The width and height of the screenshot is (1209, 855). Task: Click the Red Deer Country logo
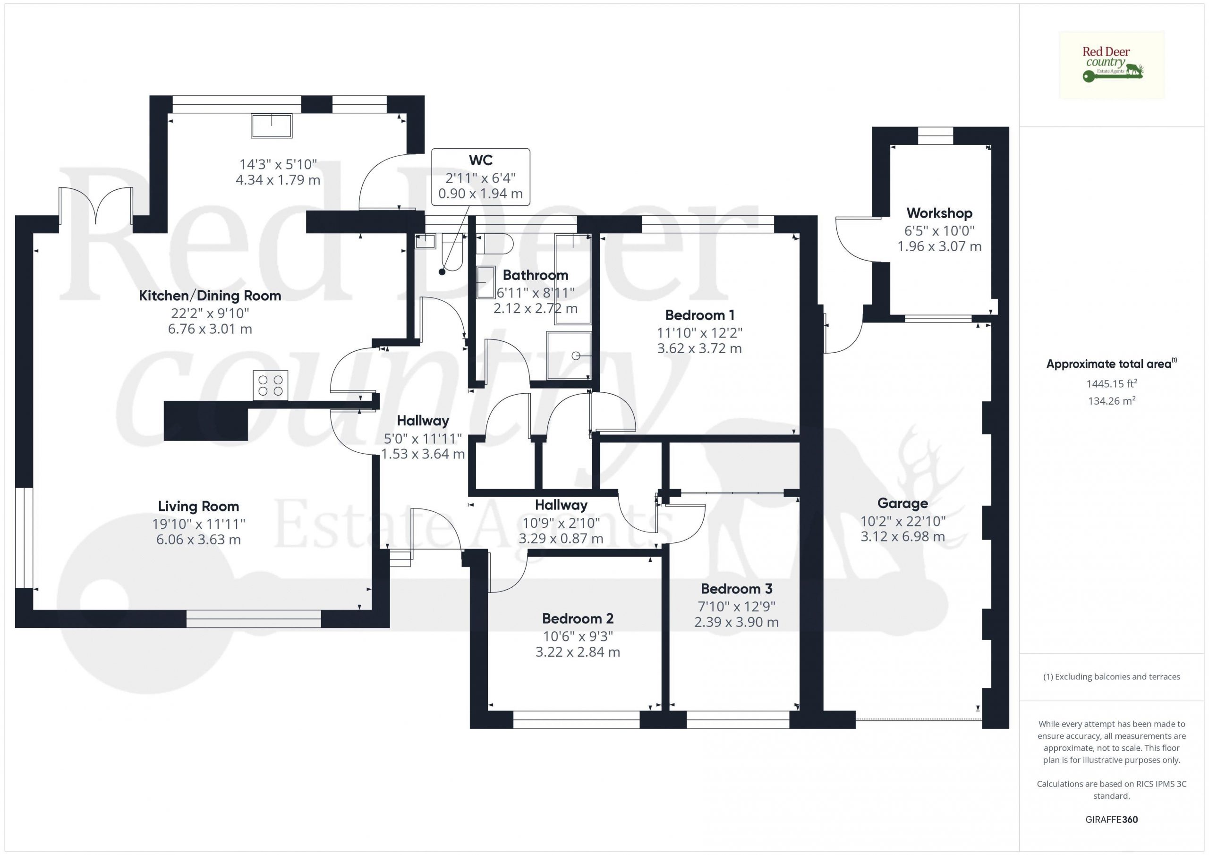point(1112,65)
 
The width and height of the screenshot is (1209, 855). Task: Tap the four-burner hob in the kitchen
point(271,385)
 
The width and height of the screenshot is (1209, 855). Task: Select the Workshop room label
point(939,213)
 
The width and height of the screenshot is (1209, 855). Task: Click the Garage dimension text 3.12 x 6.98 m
point(902,536)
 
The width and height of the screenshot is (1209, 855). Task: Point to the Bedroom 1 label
point(700,315)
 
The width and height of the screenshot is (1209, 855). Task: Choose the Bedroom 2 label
point(578,618)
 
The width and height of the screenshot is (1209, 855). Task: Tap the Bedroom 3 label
point(737,589)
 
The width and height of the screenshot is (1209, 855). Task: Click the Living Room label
point(198,506)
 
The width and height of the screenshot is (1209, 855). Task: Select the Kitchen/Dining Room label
point(210,296)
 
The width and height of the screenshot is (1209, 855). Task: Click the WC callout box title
point(481,160)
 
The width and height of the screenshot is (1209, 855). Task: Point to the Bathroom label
point(536,275)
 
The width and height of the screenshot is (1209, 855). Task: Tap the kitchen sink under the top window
point(272,126)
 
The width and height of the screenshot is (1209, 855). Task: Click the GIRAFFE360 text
point(1112,819)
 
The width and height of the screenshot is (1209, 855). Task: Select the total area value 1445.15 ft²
point(1112,383)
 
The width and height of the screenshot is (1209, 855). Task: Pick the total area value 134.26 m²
point(1112,401)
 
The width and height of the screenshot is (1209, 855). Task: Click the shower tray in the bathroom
point(569,356)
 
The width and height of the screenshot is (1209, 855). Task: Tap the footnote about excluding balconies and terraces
point(1112,677)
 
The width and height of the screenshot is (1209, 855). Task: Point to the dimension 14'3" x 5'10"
point(278,164)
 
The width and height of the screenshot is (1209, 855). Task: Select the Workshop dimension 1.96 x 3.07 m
point(939,246)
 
